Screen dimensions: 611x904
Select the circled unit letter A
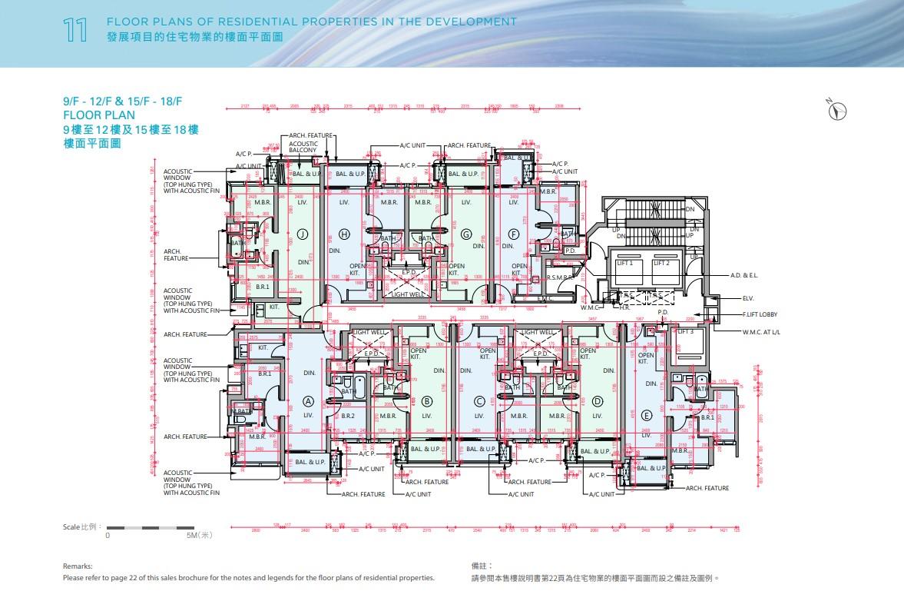308,400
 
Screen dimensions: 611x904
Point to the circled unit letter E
646,415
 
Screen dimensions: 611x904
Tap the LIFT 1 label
625,263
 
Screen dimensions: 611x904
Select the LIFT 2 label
662,263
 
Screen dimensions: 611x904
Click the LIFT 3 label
685,331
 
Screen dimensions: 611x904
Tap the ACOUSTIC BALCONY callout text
303,147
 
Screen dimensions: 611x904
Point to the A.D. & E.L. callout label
744,274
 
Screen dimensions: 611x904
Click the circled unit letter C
479,400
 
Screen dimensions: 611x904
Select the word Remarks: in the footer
78,565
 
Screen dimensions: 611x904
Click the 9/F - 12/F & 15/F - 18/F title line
122,101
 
